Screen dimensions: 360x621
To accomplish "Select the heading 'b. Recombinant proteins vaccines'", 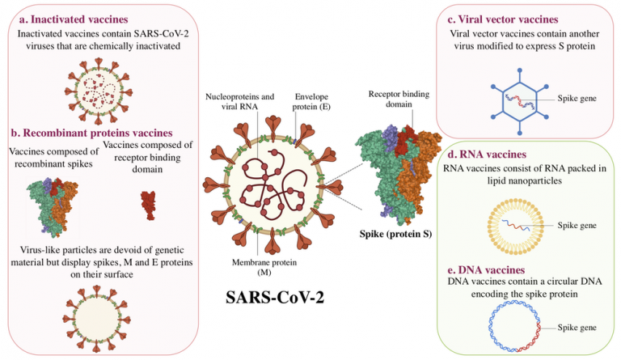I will pos(91,133).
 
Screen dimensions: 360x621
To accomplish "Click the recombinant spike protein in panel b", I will pos(53,205).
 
